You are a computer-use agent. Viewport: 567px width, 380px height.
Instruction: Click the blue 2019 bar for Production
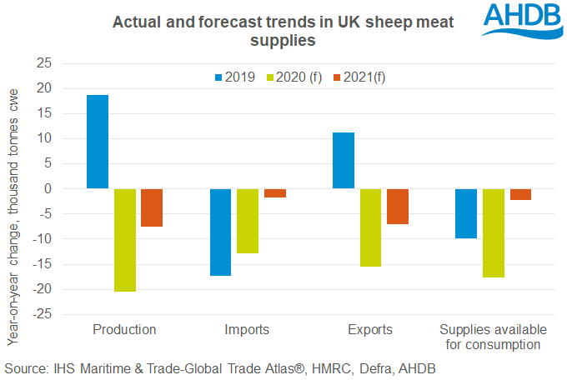[98, 142]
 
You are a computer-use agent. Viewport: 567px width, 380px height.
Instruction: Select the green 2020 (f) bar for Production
[124, 240]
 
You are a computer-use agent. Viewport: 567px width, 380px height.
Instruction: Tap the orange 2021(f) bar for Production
[151, 207]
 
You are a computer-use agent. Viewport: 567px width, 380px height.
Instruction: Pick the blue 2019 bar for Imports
[220, 232]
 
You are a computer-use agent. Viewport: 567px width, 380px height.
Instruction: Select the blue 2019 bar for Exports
[343, 161]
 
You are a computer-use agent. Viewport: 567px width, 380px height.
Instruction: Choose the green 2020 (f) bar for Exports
[369, 227]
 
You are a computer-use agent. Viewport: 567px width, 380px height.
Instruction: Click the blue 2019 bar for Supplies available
[465, 213]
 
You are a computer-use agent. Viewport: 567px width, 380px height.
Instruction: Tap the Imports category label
[247, 330]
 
